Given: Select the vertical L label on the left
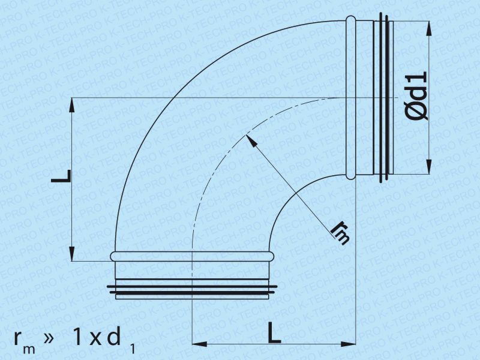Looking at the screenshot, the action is click(x=61, y=176).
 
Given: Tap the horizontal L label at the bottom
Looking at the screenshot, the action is click(x=274, y=332).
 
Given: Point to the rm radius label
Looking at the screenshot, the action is click(x=340, y=235).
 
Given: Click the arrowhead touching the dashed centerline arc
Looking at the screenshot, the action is click(x=251, y=140).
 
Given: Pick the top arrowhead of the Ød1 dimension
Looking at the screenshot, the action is click(x=429, y=28).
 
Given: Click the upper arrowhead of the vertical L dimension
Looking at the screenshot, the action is click(x=72, y=106).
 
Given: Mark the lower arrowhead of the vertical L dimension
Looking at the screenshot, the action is click(x=72, y=253).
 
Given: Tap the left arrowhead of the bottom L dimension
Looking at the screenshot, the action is click(x=199, y=344).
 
